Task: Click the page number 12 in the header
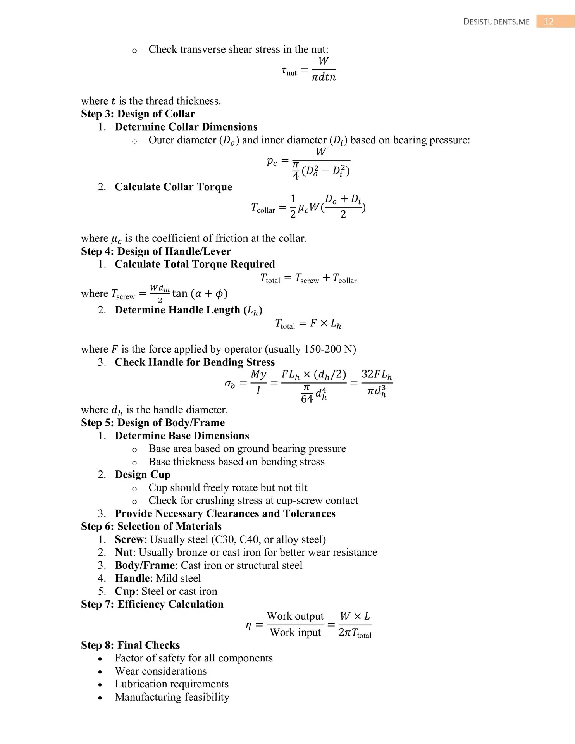point(548,21)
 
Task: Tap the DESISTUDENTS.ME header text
point(496,22)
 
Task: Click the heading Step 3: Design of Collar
point(138,114)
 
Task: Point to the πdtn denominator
point(324,77)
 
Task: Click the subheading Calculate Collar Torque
point(173,187)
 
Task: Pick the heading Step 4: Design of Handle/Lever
point(156,251)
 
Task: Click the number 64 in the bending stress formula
point(306,399)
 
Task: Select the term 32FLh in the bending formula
point(377,375)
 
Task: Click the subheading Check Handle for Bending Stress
point(195,362)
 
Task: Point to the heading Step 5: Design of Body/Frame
point(153,422)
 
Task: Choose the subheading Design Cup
point(143,475)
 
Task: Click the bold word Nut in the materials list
point(123,552)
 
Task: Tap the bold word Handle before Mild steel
point(132,578)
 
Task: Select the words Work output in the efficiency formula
point(295,616)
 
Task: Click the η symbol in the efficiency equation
point(248,625)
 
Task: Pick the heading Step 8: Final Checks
point(130,645)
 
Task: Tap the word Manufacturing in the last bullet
point(148,697)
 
